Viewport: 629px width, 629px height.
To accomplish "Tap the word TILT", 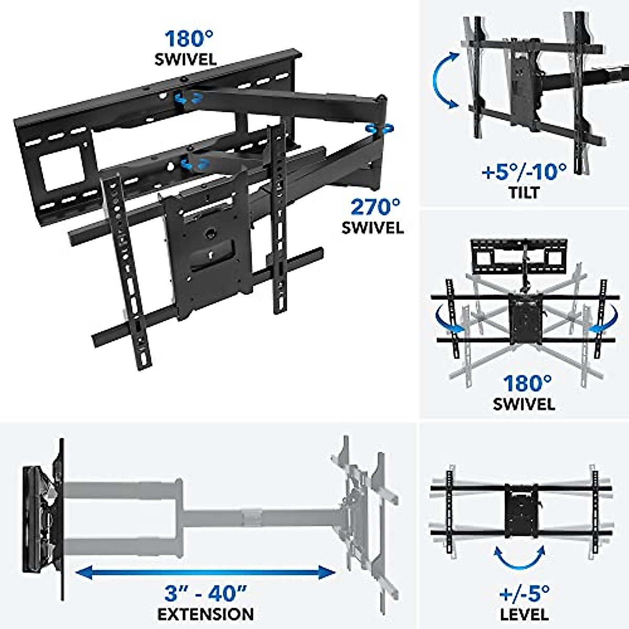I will tap(524, 192).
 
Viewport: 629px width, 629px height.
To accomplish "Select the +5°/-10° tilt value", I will tap(524, 171).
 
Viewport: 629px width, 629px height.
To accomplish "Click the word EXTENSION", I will tap(205, 614).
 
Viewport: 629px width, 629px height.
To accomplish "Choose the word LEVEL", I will tap(524, 614).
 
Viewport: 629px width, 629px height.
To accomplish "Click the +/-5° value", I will tap(524, 594).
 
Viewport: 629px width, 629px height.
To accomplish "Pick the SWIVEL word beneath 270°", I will tap(373, 228).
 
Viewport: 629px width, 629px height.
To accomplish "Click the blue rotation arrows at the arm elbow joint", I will tap(379, 129).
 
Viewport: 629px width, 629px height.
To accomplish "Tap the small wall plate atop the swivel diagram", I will tap(519, 255).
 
